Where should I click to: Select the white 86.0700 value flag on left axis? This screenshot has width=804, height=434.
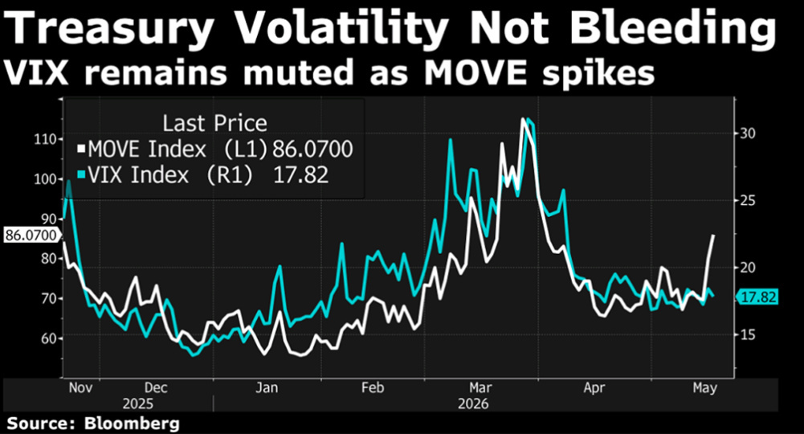(31, 235)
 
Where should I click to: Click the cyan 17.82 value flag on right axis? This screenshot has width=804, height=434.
(757, 297)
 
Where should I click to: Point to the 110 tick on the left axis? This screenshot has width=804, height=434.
(45, 139)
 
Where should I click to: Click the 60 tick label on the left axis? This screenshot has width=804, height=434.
(47, 338)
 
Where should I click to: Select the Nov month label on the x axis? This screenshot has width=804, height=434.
(80, 387)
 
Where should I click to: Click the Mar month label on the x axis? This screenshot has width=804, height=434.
(480, 387)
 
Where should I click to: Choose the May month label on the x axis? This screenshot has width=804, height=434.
(705, 388)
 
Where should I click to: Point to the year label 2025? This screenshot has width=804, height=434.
(137, 403)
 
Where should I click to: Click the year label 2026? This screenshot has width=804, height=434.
(473, 403)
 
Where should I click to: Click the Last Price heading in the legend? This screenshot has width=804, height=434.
(214, 123)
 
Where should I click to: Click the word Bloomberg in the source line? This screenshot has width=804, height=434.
(132, 424)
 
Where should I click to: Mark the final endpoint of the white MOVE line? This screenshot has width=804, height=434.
(714, 235)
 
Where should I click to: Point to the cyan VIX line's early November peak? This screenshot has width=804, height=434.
(69, 181)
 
